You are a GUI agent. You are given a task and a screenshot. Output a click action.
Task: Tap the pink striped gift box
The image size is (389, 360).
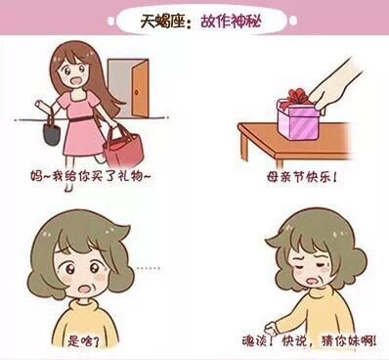[x=298, y=118]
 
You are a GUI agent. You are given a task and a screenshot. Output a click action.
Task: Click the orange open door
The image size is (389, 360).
[x=141, y=89]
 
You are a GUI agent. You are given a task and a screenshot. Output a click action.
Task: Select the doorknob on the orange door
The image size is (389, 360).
[x=137, y=92]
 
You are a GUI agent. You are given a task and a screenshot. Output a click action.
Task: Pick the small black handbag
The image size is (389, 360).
[x=52, y=130]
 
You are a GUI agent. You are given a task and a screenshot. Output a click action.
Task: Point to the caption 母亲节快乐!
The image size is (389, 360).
[x=301, y=178]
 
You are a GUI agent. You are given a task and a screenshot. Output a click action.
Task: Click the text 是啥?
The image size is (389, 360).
[x=83, y=340]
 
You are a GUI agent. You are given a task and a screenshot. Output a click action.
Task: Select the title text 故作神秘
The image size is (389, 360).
[x=231, y=22]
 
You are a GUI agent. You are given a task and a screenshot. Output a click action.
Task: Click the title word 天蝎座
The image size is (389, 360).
[x=162, y=22]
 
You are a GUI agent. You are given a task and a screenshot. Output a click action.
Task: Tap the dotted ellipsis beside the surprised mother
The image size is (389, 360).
[x=149, y=268]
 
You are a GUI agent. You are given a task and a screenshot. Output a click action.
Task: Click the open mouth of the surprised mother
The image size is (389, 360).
[x=86, y=289]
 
